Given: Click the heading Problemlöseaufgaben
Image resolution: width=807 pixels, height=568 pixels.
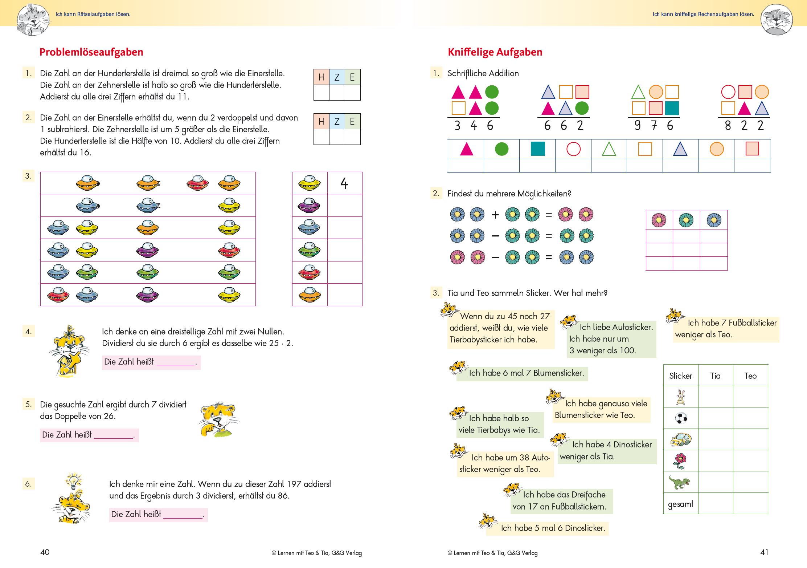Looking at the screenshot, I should (91, 52).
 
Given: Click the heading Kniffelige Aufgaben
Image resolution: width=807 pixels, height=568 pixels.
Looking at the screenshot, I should (495, 52).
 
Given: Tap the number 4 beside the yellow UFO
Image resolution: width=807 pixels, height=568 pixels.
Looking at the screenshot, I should (344, 183).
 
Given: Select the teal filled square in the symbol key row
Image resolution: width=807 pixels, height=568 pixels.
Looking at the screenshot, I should (537, 149).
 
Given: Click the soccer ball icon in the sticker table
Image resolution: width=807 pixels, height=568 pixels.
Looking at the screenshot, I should (681, 418).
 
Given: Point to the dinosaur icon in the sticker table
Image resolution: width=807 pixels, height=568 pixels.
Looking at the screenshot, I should (680, 482).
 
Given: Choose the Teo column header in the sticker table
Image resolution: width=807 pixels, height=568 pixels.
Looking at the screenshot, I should (750, 376).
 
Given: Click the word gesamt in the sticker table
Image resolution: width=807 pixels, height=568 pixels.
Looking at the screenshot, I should (680, 504).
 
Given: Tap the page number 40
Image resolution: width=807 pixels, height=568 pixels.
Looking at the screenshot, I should (45, 552).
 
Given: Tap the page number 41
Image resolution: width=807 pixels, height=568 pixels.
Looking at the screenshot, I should (764, 552).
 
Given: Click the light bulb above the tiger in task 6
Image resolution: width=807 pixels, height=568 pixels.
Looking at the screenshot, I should (74, 481).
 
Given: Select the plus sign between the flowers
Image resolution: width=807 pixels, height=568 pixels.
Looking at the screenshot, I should (495, 215).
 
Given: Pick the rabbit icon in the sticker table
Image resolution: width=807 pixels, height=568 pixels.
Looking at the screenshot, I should (681, 397).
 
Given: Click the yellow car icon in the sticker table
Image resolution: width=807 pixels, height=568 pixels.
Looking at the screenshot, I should (680, 439).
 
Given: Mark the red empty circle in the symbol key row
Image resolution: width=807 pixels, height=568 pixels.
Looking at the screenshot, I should (573, 149).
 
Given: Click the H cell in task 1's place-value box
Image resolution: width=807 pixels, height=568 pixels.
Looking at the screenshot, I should (321, 77).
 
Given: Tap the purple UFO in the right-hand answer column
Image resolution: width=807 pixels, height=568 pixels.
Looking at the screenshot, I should (309, 206).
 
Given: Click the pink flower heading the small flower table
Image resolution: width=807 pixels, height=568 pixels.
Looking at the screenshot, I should (659, 220).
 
